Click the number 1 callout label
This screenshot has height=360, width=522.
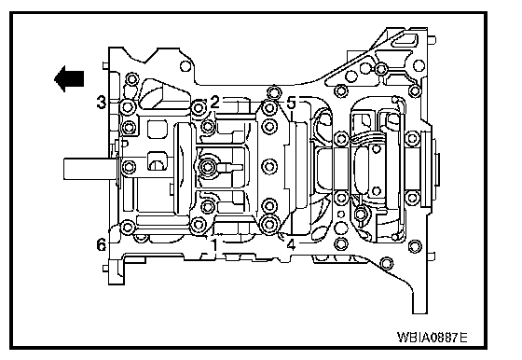click(214, 244)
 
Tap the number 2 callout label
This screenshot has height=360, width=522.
click(214, 102)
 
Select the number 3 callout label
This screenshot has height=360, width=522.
click(102, 102)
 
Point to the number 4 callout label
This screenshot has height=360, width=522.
click(291, 244)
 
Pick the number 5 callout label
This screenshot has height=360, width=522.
click(291, 104)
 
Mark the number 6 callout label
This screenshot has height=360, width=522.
click(102, 244)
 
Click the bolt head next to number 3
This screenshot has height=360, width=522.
click(128, 107)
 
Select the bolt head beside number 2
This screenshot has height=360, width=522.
click(198, 107)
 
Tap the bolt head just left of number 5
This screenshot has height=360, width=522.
click(269, 107)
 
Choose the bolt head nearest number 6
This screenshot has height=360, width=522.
click(128, 228)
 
